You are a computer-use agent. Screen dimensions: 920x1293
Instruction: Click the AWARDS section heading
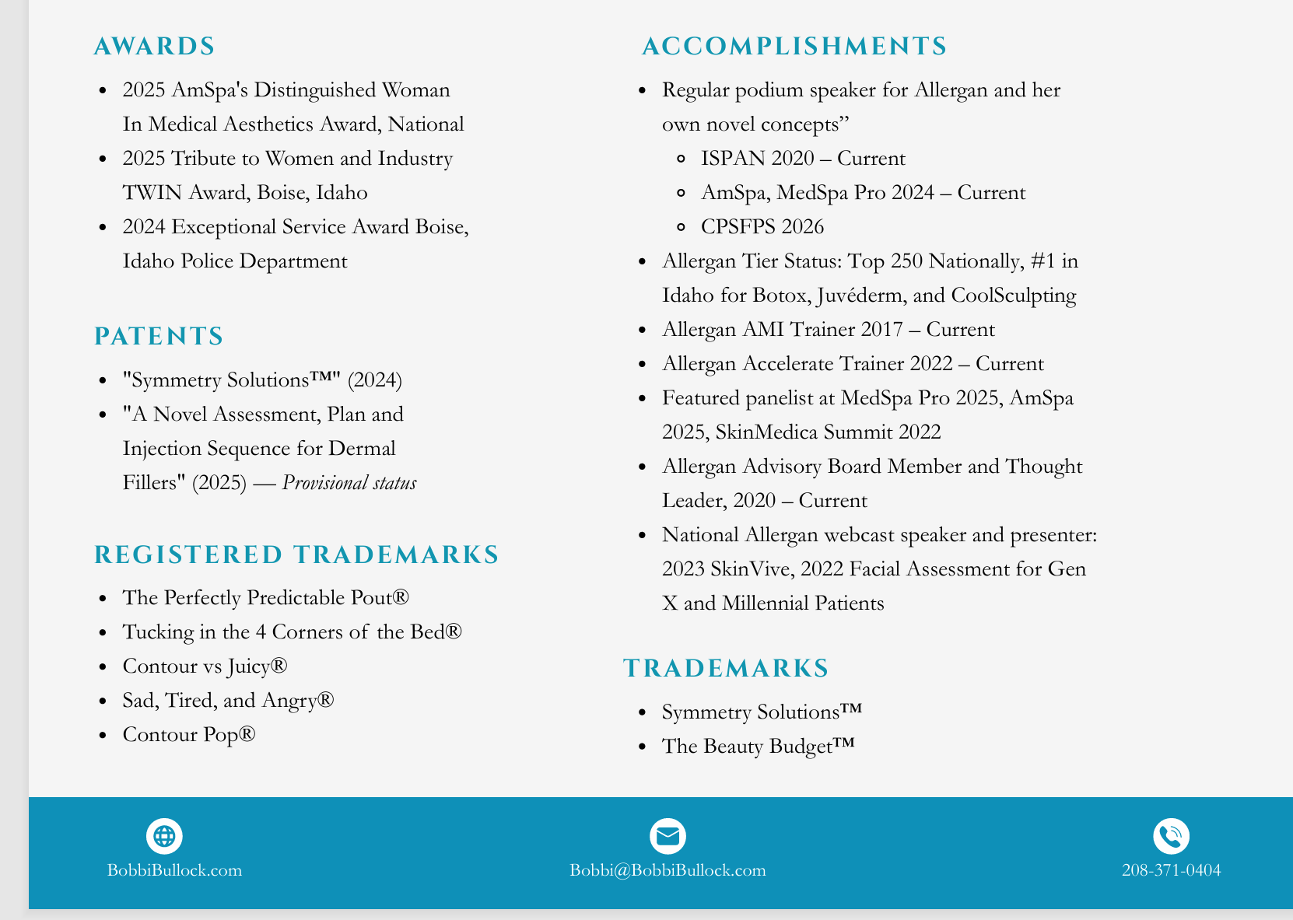[x=154, y=47]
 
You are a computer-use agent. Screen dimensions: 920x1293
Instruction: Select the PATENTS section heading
[x=159, y=337]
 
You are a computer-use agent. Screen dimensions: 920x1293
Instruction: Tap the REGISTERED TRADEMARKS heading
[x=296, y=555]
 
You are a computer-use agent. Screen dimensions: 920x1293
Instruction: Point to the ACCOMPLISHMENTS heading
[x=794, y=47]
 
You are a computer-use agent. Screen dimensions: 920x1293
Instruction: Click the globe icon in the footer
[x=164, y=837]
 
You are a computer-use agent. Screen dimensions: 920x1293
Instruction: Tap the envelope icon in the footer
[x=668, y=837]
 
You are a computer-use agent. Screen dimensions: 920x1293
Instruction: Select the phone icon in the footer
[x=1171, y=837]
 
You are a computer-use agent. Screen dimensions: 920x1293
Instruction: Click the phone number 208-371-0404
[x=1171, y=870]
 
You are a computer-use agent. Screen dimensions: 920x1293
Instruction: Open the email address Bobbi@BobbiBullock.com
[x=668, y=870]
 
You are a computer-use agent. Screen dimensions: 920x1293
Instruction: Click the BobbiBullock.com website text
[x=174, y=870]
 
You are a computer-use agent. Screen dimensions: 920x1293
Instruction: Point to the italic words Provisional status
[x=349, y=483]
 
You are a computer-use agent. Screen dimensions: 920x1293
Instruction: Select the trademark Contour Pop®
[x=189, y=735]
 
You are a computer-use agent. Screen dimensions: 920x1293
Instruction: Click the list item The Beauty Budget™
[x=758, y=747]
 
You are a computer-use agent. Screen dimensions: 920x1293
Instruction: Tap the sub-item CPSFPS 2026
[x=762, y=227]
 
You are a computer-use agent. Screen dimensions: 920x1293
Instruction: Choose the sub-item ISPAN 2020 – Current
[x=803, y=159]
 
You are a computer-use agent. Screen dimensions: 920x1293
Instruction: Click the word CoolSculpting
[x=1014, y=296]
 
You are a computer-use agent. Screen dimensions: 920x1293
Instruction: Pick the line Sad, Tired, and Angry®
[x=228, y=701]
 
